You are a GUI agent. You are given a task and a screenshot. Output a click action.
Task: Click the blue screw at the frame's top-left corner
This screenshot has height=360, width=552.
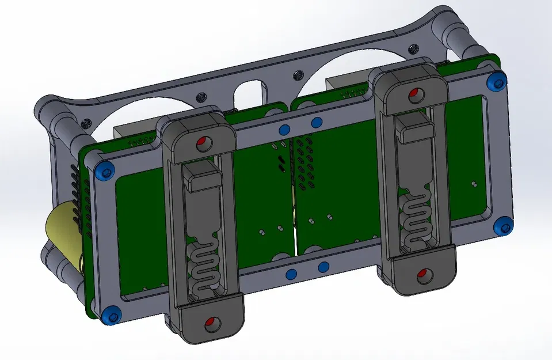tap(104, 170)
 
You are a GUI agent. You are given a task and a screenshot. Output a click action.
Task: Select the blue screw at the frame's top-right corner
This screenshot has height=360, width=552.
tap(496, 82)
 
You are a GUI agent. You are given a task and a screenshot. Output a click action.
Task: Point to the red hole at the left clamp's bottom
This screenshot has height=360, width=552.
tap(210, 323)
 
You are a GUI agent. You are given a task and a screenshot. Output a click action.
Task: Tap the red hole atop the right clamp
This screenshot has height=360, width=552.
tap(414, 93)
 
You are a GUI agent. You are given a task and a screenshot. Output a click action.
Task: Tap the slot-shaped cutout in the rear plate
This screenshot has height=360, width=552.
tap(249, 90)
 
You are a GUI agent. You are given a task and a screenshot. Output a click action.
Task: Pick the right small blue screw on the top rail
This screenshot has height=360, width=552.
tap(315, 122)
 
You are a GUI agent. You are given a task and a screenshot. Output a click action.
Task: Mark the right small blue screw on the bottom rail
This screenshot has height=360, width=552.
tap(324, 267)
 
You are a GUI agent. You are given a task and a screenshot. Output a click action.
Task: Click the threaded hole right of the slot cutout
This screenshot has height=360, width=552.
tap(297, 75)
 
